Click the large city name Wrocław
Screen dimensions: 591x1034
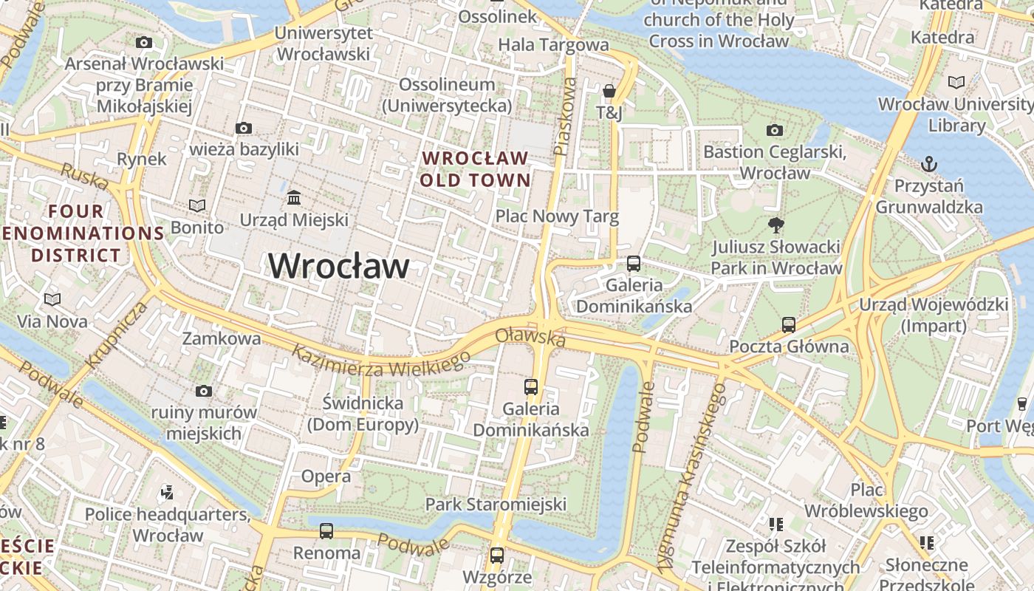click(x=338, y=266)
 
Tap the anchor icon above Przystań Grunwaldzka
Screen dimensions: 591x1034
click(x=928, y=163)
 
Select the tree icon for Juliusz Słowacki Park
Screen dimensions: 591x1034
click(x=775, y=225)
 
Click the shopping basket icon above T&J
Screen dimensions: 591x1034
click(x=609, y=91)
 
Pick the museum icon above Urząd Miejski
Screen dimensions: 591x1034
click(x=294, y=197)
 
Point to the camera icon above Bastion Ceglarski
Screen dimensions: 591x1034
click(x=774, y=131)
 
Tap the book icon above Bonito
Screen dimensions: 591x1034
click(x=196, y=205)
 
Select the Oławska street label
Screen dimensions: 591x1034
click(x=530, y=337)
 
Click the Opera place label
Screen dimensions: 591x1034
click(x=326, y=476)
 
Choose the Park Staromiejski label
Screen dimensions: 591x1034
click(x=496, y=505)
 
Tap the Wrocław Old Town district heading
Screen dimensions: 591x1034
click(x=475, y=168)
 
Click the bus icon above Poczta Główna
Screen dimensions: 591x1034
click(x=789, y=324)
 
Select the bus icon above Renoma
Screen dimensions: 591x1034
click(x=326, y=530)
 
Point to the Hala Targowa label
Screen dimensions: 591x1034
click(x=553, y=45)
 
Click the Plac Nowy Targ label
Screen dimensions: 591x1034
click(x=556, y=216)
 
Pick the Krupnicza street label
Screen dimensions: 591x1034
click(x=117, y=335)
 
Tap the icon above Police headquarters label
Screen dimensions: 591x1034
click(x=167, y=492)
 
